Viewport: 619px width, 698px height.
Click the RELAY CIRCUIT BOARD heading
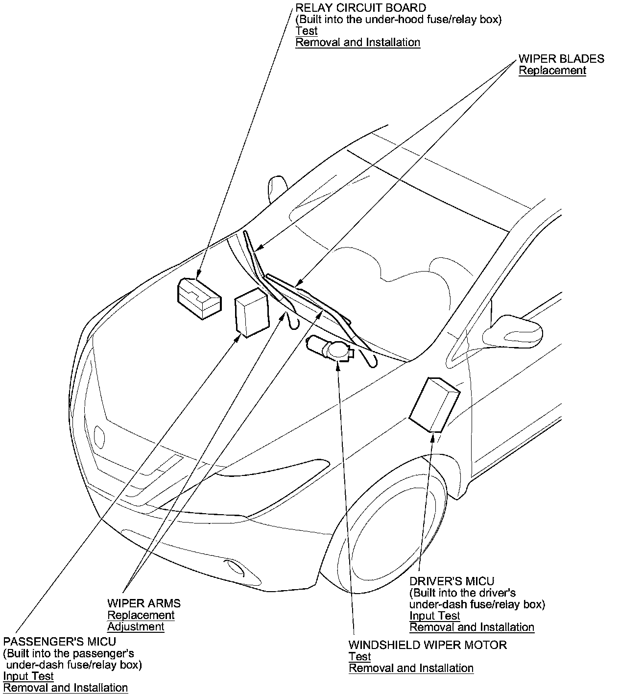(x=360, y=8)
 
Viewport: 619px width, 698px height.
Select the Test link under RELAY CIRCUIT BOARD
(x=307, y=31)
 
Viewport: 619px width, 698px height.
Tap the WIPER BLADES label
(x=561, y=59)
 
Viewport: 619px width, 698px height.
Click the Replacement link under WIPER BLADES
(x=552, y=71)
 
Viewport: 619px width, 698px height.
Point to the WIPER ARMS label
(x=144, y=603)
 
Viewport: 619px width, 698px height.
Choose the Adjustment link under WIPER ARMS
(x=136, y=627)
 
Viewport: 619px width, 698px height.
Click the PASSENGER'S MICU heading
(x=60, y=642)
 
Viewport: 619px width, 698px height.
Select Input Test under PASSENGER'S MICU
(x=28, y=676)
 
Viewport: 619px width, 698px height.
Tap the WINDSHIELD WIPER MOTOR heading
(x=428, y=645)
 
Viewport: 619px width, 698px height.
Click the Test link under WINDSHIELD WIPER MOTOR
(x=359, y=657)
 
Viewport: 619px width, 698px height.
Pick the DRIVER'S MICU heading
(x=452, y=581)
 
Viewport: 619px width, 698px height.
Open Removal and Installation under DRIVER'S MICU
(x=472, y=627)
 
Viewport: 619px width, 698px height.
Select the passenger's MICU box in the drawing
(x=252, y=313)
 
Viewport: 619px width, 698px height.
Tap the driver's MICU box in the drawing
(x=434, y=404)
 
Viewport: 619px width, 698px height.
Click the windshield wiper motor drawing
(x=329, y=349)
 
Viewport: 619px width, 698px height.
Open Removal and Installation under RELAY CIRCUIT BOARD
(x=358, y=43)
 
